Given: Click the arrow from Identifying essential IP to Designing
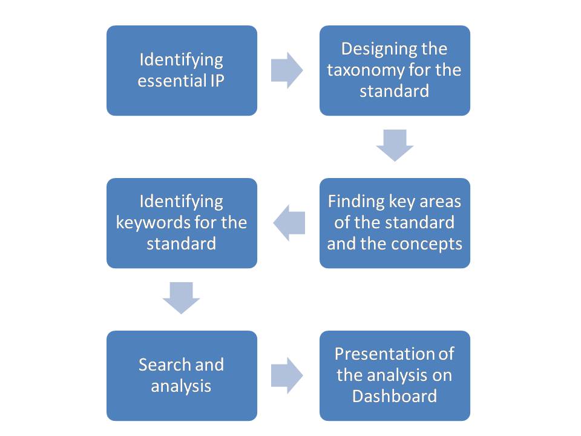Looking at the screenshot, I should coord(287,70).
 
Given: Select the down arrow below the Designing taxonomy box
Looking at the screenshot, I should coord(395,145).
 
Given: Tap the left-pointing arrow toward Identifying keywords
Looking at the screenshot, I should coord(289,223).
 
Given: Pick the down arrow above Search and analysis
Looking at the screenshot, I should coord(181,297).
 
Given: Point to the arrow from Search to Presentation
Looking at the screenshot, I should coord(287,375).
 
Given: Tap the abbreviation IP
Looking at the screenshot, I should coord(217,81).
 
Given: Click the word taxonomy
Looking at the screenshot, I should coord(363,70).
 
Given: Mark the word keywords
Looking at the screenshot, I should coord(149,223).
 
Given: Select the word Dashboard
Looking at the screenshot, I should coord(394,397).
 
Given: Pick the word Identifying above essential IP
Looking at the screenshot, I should coord(181,59).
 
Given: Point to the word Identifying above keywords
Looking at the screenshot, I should coord(181,202).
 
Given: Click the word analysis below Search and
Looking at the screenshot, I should coord(181,386).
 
